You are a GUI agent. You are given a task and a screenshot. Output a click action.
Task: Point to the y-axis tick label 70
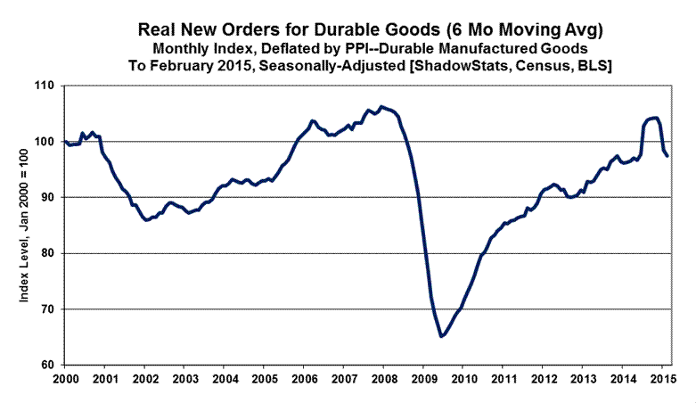[x=45, y=309]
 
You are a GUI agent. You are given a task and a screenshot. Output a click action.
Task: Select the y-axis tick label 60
[x=45, y=366]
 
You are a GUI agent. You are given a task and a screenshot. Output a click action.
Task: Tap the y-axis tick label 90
[x=45, y=197]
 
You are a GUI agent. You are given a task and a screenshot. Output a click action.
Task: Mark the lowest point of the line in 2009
[x=440, y=336]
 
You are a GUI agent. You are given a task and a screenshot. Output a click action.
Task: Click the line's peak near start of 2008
[x=381, y=107]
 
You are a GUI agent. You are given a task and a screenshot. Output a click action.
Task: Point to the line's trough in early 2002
[x=147, y=220]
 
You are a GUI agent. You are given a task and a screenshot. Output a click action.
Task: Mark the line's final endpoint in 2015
[x=668, y=156]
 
